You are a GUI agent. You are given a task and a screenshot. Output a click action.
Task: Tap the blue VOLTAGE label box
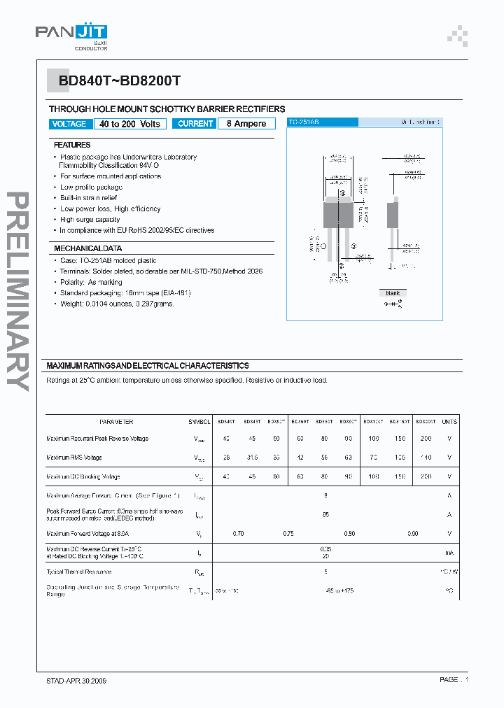(69, 124)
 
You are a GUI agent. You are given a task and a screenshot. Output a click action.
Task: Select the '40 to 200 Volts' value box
(129, 124)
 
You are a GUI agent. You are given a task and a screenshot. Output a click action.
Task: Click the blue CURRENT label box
(195, 124)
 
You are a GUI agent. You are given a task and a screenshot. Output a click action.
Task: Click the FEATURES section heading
(72, 145)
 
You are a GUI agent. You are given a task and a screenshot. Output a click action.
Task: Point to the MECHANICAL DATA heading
(87, 248)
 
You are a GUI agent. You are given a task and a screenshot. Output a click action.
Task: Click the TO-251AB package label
(304, 122)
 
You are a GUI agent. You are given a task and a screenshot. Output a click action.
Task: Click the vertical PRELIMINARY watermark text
(19, 290)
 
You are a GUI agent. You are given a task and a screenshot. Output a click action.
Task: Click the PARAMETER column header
(116, 422)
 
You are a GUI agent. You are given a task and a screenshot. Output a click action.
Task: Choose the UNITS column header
(449, 422)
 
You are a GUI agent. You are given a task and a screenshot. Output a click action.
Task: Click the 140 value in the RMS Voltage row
(425, 458)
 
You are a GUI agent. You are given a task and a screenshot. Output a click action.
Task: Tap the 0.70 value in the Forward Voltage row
(239, 533)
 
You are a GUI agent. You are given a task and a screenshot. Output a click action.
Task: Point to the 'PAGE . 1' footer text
(454, 680)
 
